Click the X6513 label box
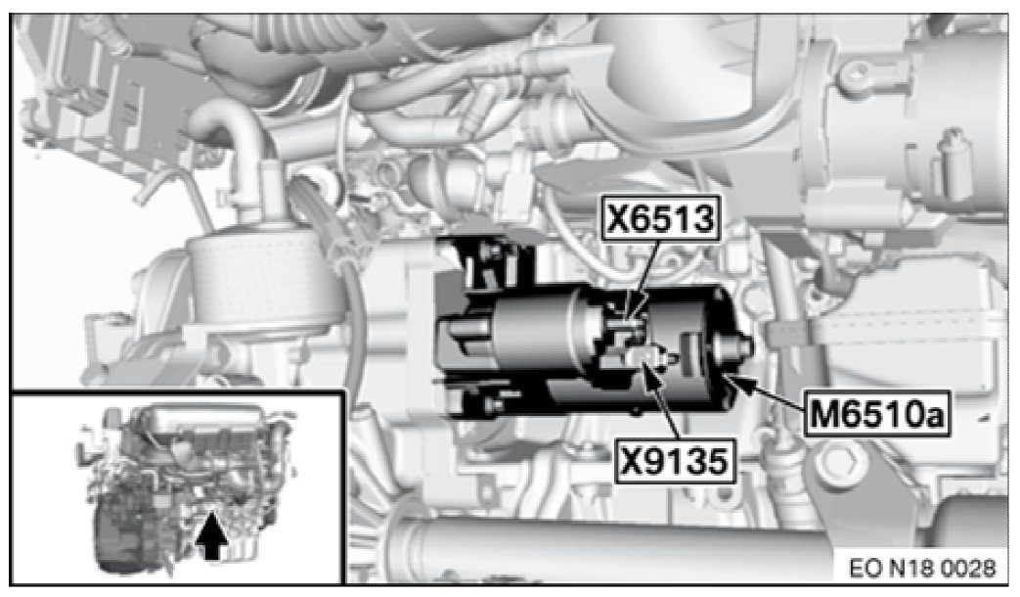pyautogui.click(x=660, y=218)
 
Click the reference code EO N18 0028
pyautogui.click(x=922, y=569)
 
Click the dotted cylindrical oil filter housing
pyautogui.click(x=260, y=280)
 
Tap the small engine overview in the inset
pyautogui.click(x=186, y=482)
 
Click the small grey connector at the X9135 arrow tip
pyautogui.click(x=647, y=356)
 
